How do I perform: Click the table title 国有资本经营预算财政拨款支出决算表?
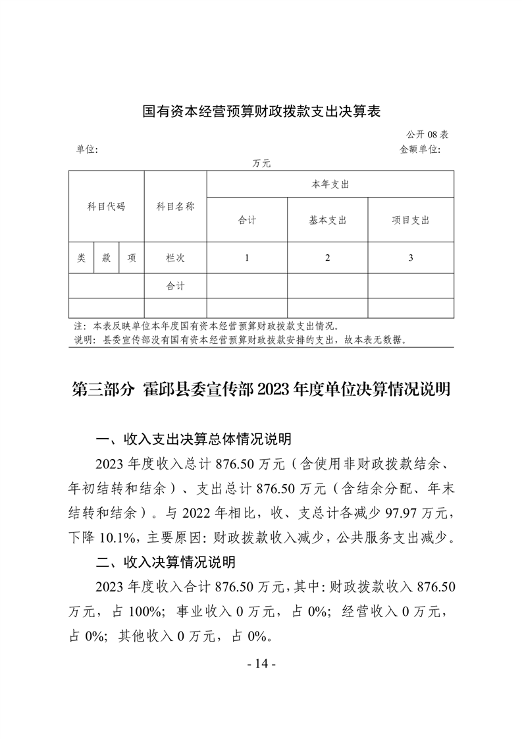coord(262,111)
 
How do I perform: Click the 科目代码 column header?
coord(106,206)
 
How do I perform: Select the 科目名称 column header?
coord(175,206)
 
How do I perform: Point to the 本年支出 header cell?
coord(330,184)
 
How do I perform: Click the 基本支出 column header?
coord(327,221)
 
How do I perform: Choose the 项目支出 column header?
coord(410,221)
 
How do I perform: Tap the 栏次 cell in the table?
coord(175,258)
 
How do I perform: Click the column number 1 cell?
coord(247,258)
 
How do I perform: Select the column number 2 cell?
coord(327,258)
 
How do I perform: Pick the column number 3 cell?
coord(410,258)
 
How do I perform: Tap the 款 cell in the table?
coord(106,258)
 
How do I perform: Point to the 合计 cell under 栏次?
coord(175,287)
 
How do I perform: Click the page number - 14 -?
coord(261,664)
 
